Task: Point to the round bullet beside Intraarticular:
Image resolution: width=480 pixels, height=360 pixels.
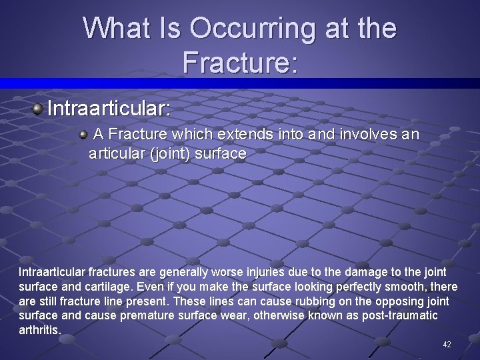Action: click(x=39, y=108)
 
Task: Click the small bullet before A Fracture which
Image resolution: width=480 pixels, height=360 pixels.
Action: click(x=83, y=135)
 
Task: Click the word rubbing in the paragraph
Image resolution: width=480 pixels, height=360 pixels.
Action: click(x=298, y=301)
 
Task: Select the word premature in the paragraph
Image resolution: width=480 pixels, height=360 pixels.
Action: click(x=151, y=315)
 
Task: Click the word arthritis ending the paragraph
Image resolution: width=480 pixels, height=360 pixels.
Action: click(x=39, y=330)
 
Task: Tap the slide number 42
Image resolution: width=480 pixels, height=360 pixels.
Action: click(x=447, y=344)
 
